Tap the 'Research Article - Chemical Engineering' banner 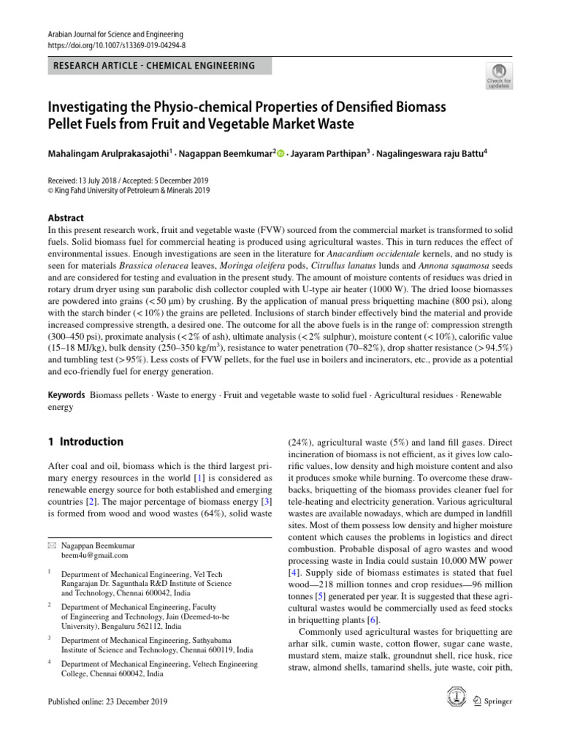pos(153,66)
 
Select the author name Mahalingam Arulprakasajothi pos(107,154)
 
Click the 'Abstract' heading pos(65,218)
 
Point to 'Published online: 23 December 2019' pos(107,702)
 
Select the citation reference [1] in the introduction pos(197,477)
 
